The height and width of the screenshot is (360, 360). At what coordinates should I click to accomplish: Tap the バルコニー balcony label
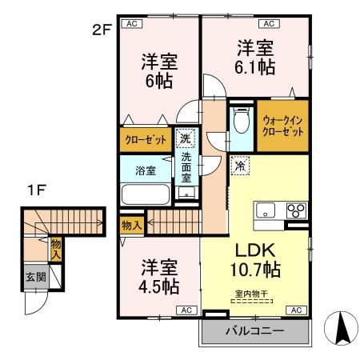point(254,330)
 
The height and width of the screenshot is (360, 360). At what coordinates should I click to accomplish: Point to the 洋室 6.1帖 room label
point(254,57)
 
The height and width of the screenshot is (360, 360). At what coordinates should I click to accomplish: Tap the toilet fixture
point(242,123)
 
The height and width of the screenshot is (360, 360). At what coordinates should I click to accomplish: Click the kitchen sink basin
point(266,210)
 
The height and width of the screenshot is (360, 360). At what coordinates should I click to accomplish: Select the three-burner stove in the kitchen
point(295,211)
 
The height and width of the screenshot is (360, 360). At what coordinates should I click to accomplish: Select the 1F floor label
point(34,190)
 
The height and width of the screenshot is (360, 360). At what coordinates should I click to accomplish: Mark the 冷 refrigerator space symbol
point(240,166)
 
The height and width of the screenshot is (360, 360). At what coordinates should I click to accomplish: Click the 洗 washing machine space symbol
point(184,138)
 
